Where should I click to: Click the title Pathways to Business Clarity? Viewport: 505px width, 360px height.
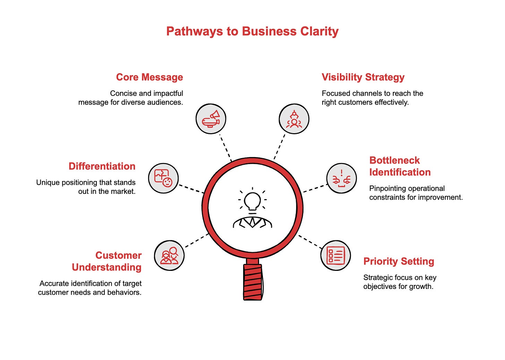(x=252, y=31)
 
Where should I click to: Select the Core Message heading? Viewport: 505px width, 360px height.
(x=149, y=77)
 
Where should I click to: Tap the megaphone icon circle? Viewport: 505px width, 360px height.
(x=211, y=119)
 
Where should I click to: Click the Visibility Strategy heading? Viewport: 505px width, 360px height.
(x=363, y=77)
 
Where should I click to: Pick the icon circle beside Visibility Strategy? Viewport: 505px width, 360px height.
(x=294, y=119)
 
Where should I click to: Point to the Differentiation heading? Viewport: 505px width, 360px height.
(x=102, y=166)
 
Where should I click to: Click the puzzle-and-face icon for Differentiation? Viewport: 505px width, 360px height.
(x=163, y=178)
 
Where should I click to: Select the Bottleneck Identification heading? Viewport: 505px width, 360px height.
(x=400, y=166)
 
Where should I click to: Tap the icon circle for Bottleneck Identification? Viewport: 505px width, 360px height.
(x=341, y=178)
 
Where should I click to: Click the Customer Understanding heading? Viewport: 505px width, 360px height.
(x=107, y=261)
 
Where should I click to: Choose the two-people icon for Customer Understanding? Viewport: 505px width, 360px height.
(x=169, y=256)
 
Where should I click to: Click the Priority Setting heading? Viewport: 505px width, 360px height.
(x=399, y=261)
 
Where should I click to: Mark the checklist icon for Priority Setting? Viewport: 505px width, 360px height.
(x=335, y=256)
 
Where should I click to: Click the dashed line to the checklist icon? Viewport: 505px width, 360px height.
(x=310, y=242)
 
